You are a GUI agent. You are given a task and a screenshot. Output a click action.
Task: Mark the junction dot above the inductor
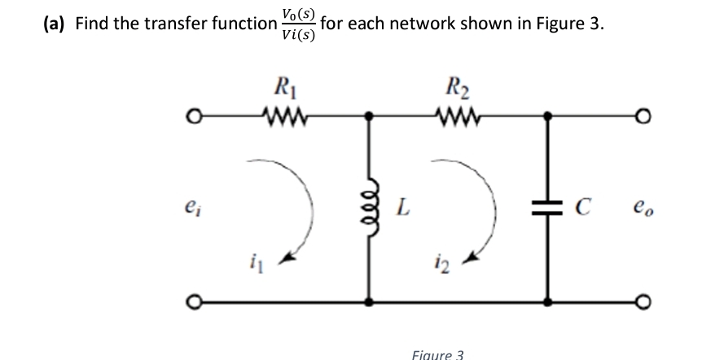pos(371,116)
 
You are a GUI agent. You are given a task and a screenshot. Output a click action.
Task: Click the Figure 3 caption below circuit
pos(437,354)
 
